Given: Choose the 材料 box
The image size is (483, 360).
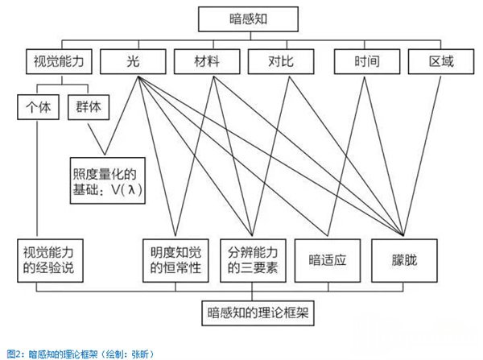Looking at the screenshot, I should (x=207, y=61).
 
